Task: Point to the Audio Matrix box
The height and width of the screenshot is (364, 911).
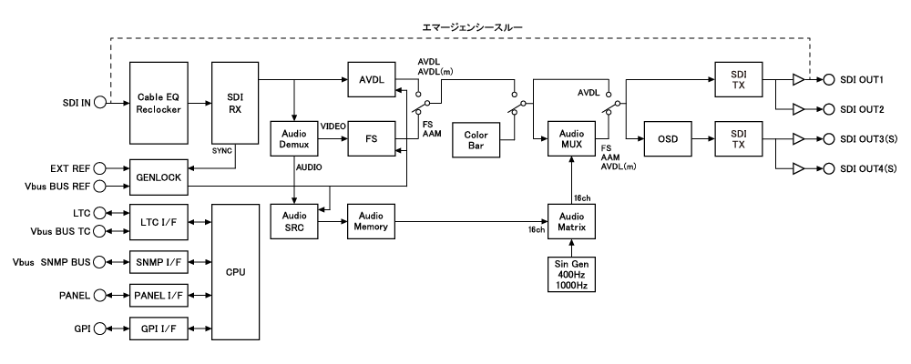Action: click(x=571, y=222)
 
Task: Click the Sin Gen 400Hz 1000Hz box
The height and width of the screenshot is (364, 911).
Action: click(x=571, y=275)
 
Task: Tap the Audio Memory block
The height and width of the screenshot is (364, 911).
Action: click(x=371, y=222)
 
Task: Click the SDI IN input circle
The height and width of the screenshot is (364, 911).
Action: click(x=99, y=102)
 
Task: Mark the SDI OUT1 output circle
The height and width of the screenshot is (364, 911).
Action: click(x=830, y=79)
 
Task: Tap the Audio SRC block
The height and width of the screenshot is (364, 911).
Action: click(x=293, y=222)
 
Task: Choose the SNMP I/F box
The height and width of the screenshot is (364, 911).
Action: click(x=158, y=264)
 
